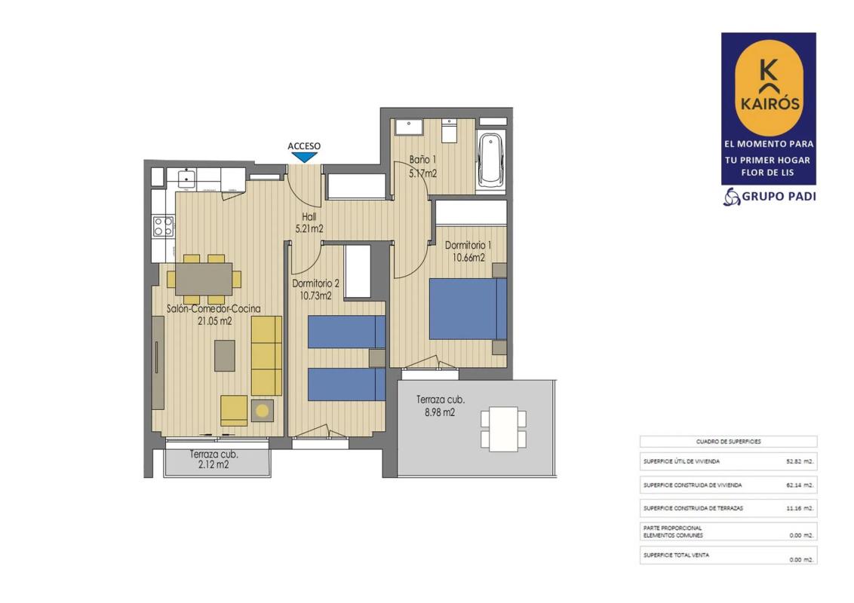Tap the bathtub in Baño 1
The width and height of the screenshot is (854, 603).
pos(490,160)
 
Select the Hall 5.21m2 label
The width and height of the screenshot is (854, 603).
pos(309,223)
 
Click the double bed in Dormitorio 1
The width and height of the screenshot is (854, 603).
pos(468,308)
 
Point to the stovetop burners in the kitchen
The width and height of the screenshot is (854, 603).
pos(163,226)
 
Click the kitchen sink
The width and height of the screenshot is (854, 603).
pos(186,177)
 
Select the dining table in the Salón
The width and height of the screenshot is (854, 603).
pos(204,279)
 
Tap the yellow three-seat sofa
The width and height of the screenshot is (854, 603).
pos(266,355)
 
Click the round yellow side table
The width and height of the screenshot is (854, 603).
pos(262,411)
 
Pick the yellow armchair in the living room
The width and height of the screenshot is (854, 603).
pos(234,410)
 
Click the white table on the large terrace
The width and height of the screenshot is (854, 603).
pos(503,429)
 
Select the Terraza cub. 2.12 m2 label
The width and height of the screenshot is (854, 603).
pos(213,459)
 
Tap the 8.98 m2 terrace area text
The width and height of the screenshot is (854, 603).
pos(440,412)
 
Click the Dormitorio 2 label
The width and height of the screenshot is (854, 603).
pos(315,283)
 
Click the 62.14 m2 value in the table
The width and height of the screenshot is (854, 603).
pos(800,485)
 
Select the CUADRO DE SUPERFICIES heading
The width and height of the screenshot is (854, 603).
pos(728,442)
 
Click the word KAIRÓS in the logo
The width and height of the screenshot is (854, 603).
pos(769,103)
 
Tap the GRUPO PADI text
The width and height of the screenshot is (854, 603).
pos(779,197)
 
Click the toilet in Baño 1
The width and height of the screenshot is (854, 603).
pos(450,130)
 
